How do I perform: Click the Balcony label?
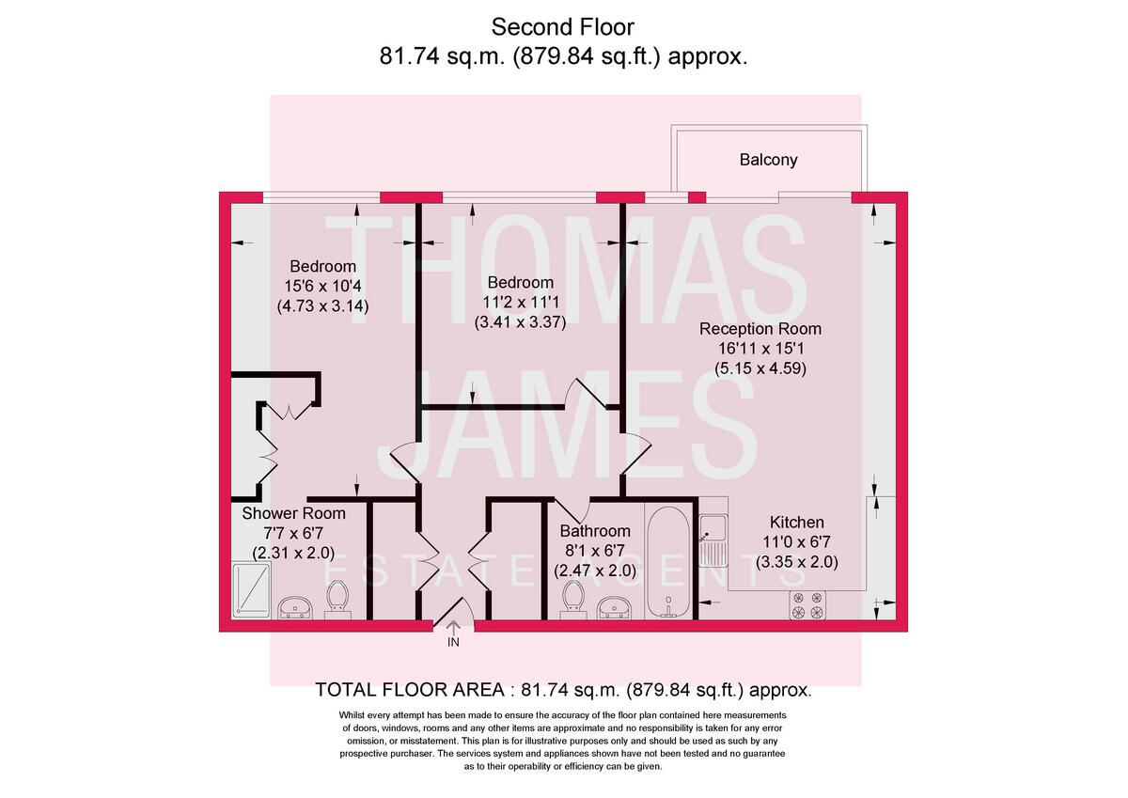[768, 160]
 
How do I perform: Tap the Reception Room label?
[760, 329]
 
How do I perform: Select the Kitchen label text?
[797, 523]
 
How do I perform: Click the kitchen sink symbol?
[712, 541]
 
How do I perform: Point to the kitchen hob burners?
[807, 605]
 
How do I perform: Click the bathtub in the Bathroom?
[668, 564]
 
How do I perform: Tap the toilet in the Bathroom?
[572, 599]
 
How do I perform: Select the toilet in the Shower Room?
[337, 599]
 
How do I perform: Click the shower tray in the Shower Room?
[250, 590]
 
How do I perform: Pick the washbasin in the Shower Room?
[298, 608]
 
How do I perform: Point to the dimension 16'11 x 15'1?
[760, 349]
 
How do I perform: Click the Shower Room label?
[293, 514]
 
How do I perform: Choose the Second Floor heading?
[563, 27]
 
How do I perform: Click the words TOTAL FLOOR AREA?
[410, 690]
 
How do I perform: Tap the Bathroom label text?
[595, 531]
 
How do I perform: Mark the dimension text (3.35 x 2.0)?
[797, 562]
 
